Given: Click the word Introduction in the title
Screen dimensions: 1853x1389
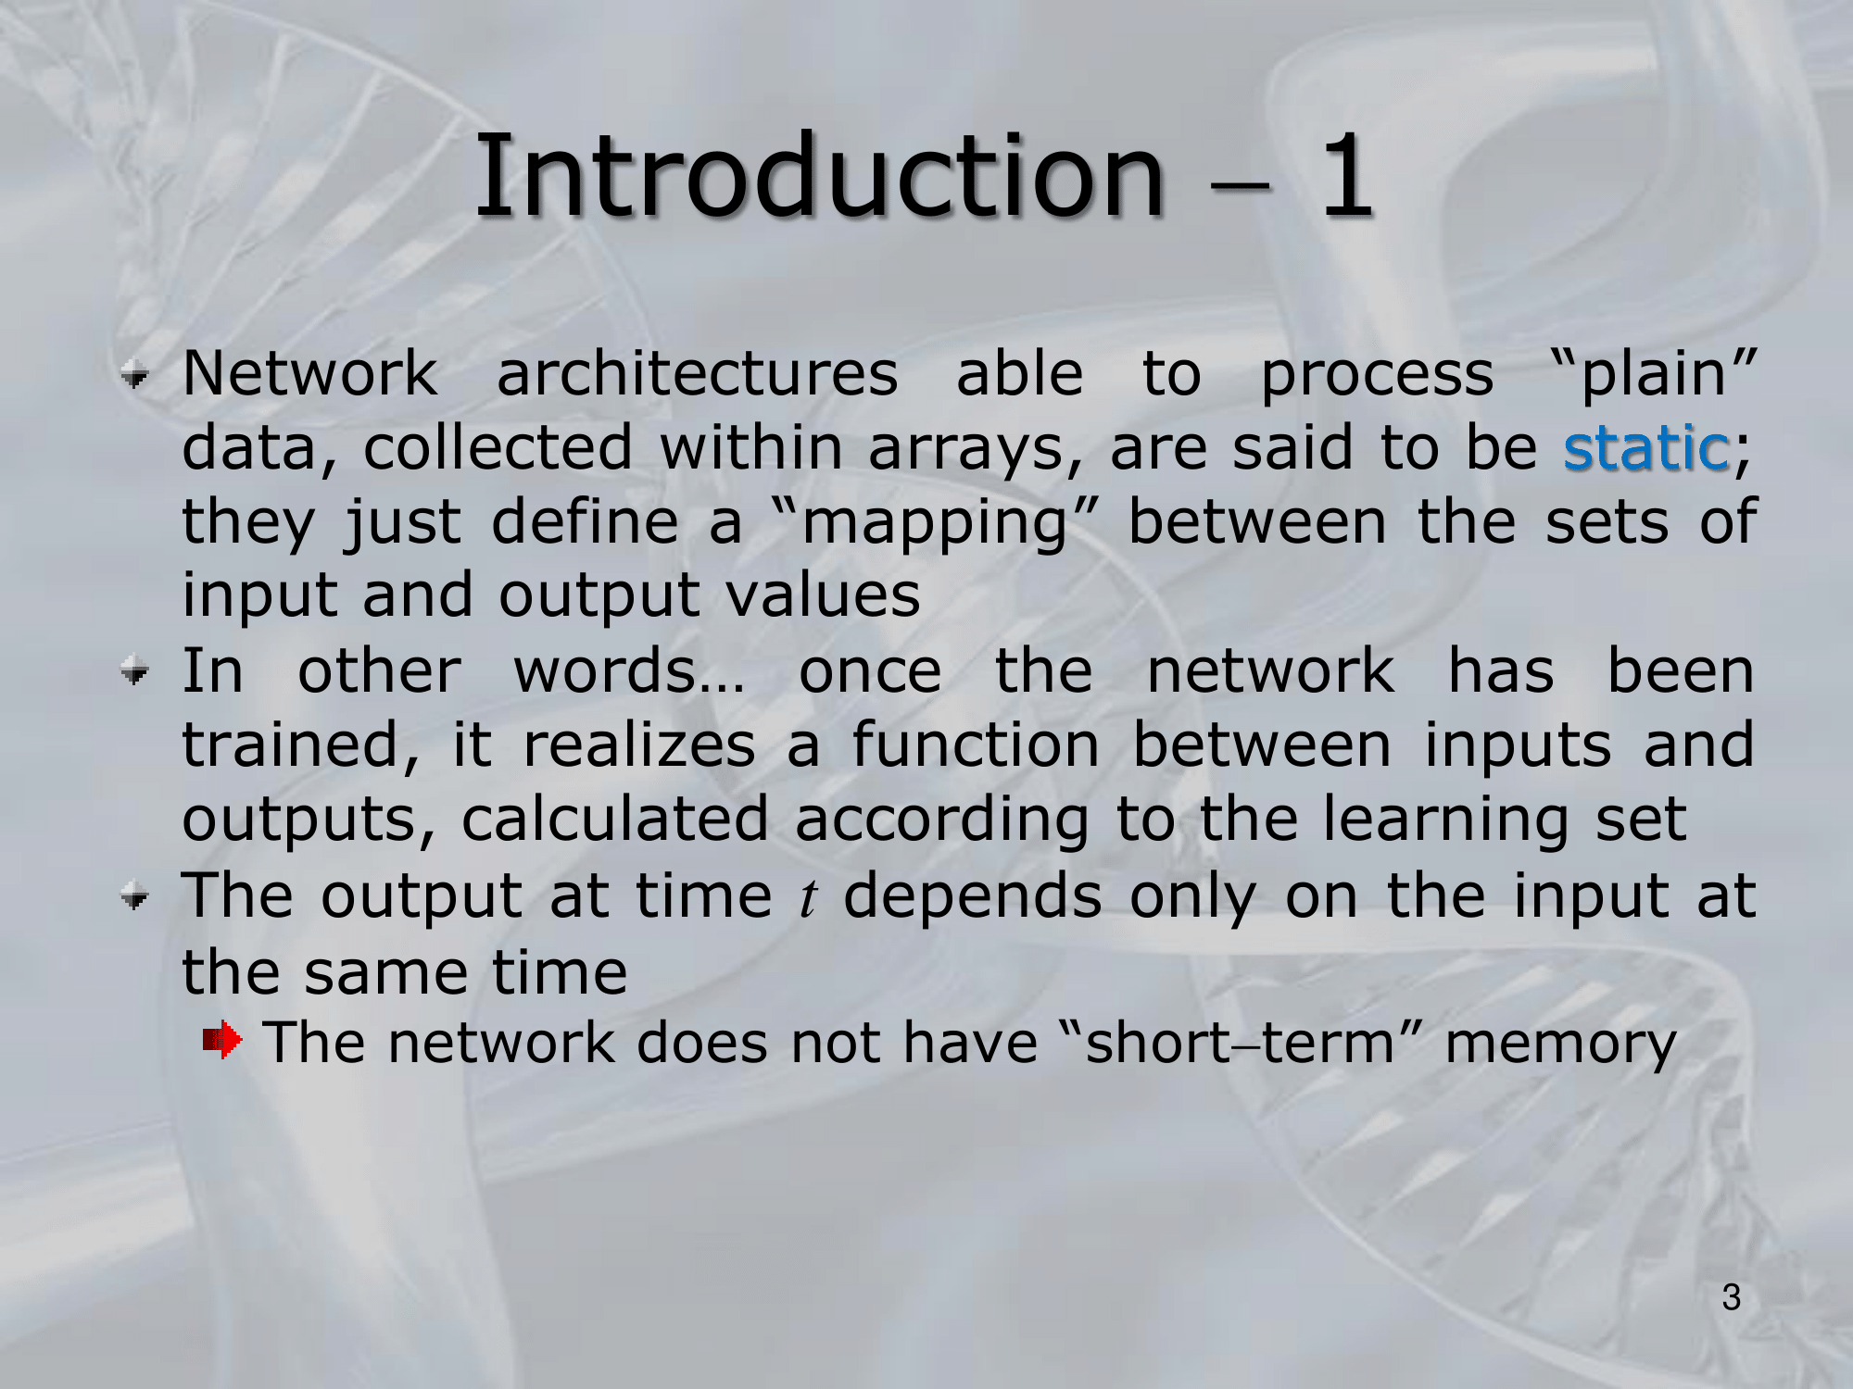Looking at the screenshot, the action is click(819, 175).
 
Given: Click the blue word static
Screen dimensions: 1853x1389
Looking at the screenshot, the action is click(1646, 448).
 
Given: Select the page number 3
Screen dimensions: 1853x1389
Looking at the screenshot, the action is click(1732, 1297).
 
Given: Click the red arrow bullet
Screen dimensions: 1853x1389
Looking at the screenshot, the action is click(222, 1040).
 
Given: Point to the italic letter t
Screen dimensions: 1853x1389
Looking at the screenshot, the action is click(809, 898).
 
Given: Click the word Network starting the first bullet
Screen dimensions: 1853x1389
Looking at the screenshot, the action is click(309, 374).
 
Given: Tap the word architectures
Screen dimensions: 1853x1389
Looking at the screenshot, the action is click(698, 374).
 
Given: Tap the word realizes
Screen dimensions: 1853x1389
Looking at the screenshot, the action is click(639, 745).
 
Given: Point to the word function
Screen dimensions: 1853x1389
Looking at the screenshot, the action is click(976, 745).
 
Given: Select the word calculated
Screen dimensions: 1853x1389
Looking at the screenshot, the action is click(615, 820).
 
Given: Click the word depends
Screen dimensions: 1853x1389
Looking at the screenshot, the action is click(973, 898).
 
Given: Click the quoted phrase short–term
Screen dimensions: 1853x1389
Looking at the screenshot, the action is click(1240, 1043).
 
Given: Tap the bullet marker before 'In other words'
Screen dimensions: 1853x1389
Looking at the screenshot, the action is click(135, 672).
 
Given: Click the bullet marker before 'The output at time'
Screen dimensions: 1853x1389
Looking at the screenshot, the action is click(135, 896).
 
